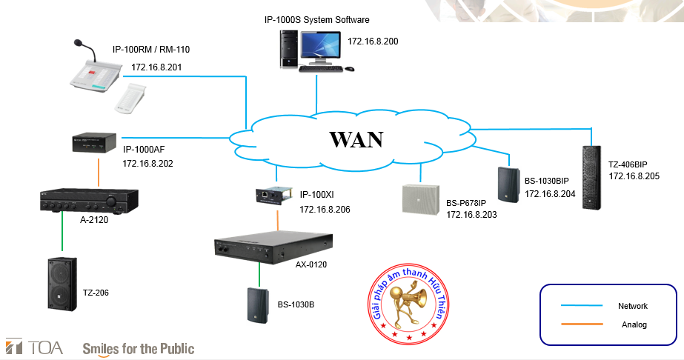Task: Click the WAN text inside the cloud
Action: coord(356,139)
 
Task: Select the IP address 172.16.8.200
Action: coord(373,41)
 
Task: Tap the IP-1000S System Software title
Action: coord(316,19)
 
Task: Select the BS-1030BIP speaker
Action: coord(509,183)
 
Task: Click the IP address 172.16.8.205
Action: coord(634,176)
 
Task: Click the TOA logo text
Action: coord(34,347)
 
